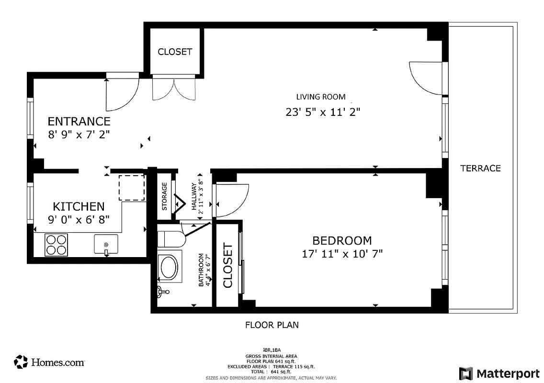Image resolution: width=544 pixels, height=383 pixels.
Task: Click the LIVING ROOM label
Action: tap(320, 97)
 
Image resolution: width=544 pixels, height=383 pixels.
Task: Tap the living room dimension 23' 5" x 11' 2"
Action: tap(323, 112)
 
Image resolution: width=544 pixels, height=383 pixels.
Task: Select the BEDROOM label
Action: tap(342, 240)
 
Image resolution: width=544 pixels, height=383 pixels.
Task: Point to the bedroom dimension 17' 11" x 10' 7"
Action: tap(342, 253)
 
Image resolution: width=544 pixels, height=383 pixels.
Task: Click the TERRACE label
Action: tap(480, 168)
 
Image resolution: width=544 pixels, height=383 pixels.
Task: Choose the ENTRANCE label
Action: tap(79, 121)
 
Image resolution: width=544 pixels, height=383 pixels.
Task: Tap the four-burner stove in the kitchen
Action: tap(57, 244)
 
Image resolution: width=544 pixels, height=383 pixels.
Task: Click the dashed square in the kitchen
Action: tap(131, 188)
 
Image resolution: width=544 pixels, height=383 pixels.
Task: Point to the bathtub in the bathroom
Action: tap(168, 267)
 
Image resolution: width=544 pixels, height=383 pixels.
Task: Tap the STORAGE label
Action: tap(164, 196)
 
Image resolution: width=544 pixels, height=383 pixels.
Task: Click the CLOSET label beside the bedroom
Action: tap(227, 266)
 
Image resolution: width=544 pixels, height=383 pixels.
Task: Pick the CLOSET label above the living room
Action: tap(175, 52)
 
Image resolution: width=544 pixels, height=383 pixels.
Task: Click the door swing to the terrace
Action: tap(424, 79)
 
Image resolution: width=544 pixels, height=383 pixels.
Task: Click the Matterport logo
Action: tap(499, 373)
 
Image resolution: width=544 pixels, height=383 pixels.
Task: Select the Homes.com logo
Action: tap(50, 362)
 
